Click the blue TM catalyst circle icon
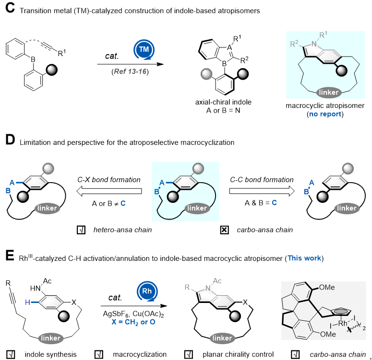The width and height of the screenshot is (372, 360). (144, 49)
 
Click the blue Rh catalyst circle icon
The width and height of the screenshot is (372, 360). (147, 291)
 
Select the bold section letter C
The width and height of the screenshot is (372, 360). (10, 8)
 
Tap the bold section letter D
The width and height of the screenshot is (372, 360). (10, 139)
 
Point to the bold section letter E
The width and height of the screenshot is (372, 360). (10, 255)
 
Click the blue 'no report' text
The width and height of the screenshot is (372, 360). (325, 114)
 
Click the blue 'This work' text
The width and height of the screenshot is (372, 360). (304, 258)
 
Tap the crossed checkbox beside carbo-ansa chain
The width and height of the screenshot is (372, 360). (225, 230)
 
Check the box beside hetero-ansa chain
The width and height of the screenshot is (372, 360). (81, 230)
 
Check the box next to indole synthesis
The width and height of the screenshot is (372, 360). (11, 355)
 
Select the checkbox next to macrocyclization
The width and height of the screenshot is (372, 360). (99, 355)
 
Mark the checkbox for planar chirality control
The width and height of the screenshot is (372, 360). (189, 355)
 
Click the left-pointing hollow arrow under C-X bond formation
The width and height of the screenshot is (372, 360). (109, 191)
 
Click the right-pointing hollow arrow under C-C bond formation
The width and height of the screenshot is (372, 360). (262, 191)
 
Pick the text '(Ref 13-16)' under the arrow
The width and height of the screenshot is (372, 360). (130, 71)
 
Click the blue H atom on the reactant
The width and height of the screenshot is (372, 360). (27, 302)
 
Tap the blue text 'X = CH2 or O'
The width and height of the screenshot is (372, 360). (133, 322)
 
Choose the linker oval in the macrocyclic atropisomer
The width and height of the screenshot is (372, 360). (329, 92)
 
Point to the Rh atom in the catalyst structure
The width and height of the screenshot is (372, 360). (343, 323)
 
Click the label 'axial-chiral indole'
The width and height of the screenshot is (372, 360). (223, 102)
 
